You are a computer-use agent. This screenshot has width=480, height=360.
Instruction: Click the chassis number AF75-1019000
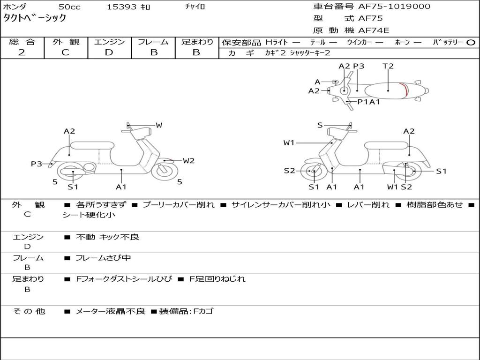(x=387, y=7)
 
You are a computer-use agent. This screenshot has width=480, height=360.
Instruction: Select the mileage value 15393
(x=121, y=7)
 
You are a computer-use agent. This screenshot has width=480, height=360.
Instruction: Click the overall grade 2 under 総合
(x=22, y=52)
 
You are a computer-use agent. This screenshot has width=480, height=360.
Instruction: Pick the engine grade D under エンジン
(x=109, y=52)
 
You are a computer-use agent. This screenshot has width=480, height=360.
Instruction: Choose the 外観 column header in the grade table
(x=66, y=42)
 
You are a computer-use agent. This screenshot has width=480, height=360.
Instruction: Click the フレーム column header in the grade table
(x=153, y=42)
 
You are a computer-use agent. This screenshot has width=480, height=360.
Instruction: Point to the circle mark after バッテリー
(x=471, y=42)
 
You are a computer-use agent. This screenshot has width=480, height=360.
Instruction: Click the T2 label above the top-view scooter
(x=388, y=66)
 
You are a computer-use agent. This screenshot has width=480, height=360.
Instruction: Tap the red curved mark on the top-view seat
(x=405, y=90)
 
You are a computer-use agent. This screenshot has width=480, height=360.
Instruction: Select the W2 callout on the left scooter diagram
(x=188, y=161)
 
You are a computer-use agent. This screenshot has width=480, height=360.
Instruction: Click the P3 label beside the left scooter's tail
(x=37, y=164)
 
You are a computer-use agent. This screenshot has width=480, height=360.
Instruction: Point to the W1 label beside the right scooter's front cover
(x=289, y=142)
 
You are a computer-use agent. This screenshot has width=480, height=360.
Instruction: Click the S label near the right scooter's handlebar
(x=320, y=125)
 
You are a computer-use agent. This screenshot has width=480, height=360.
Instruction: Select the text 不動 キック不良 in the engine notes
(x=107, y=237)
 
